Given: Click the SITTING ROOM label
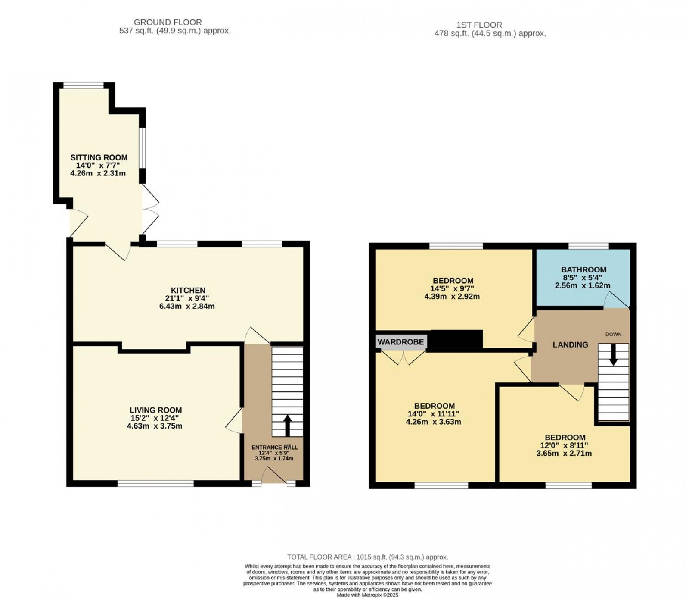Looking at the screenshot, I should tap(99, 157).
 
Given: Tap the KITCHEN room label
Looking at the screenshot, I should tap(187, 291).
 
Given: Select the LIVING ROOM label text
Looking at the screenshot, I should tap(156, 410).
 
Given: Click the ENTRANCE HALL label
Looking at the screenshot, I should tap(274, 448).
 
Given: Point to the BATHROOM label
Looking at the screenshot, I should tap(583, 270).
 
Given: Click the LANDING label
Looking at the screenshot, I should tap(570, 344).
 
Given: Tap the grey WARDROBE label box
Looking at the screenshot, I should tap(401, 342).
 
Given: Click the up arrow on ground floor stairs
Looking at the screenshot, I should tap(287, 426).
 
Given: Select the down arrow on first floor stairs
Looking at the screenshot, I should tap(613, 354).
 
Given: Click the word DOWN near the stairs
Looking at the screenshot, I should tap(613, 335).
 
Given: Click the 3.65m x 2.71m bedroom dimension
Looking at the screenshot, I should tap(564, 453).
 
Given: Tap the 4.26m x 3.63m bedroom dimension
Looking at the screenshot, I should tap(434, 422).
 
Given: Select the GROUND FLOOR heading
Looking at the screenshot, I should tap(168, 22).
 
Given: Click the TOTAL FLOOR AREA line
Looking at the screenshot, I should tap(367, 557).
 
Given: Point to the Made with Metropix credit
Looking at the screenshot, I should tap(367, 595).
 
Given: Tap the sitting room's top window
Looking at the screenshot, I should tap(84, 85).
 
